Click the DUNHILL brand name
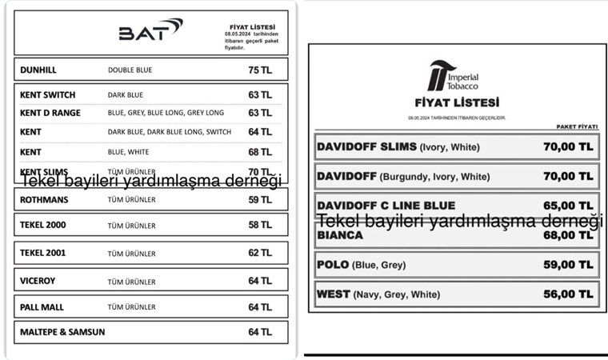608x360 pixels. (38, 70)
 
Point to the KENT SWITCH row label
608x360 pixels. (48, 94)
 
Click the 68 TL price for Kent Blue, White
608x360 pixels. (259, 151)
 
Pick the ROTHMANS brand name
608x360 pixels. (44, 199)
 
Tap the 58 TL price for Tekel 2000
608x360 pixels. (259, 226)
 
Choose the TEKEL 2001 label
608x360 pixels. (43, 253)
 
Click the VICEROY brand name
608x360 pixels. (39, 280)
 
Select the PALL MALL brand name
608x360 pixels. (43, 306)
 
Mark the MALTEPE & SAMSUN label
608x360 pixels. (62, 331)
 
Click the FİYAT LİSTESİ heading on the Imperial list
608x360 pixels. (457, 102)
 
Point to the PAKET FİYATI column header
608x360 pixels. (577, 126)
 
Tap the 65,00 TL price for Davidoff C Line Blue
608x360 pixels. (566, 206)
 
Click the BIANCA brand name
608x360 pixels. (340, 235)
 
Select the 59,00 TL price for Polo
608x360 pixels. (566, 265)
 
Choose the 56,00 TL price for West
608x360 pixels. (566, 294)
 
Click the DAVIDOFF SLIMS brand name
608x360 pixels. (366, 147)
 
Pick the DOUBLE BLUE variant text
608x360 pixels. (130, 70)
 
